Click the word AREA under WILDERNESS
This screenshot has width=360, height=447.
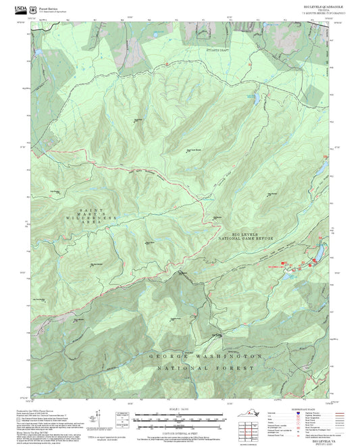[x=92, y=226]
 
